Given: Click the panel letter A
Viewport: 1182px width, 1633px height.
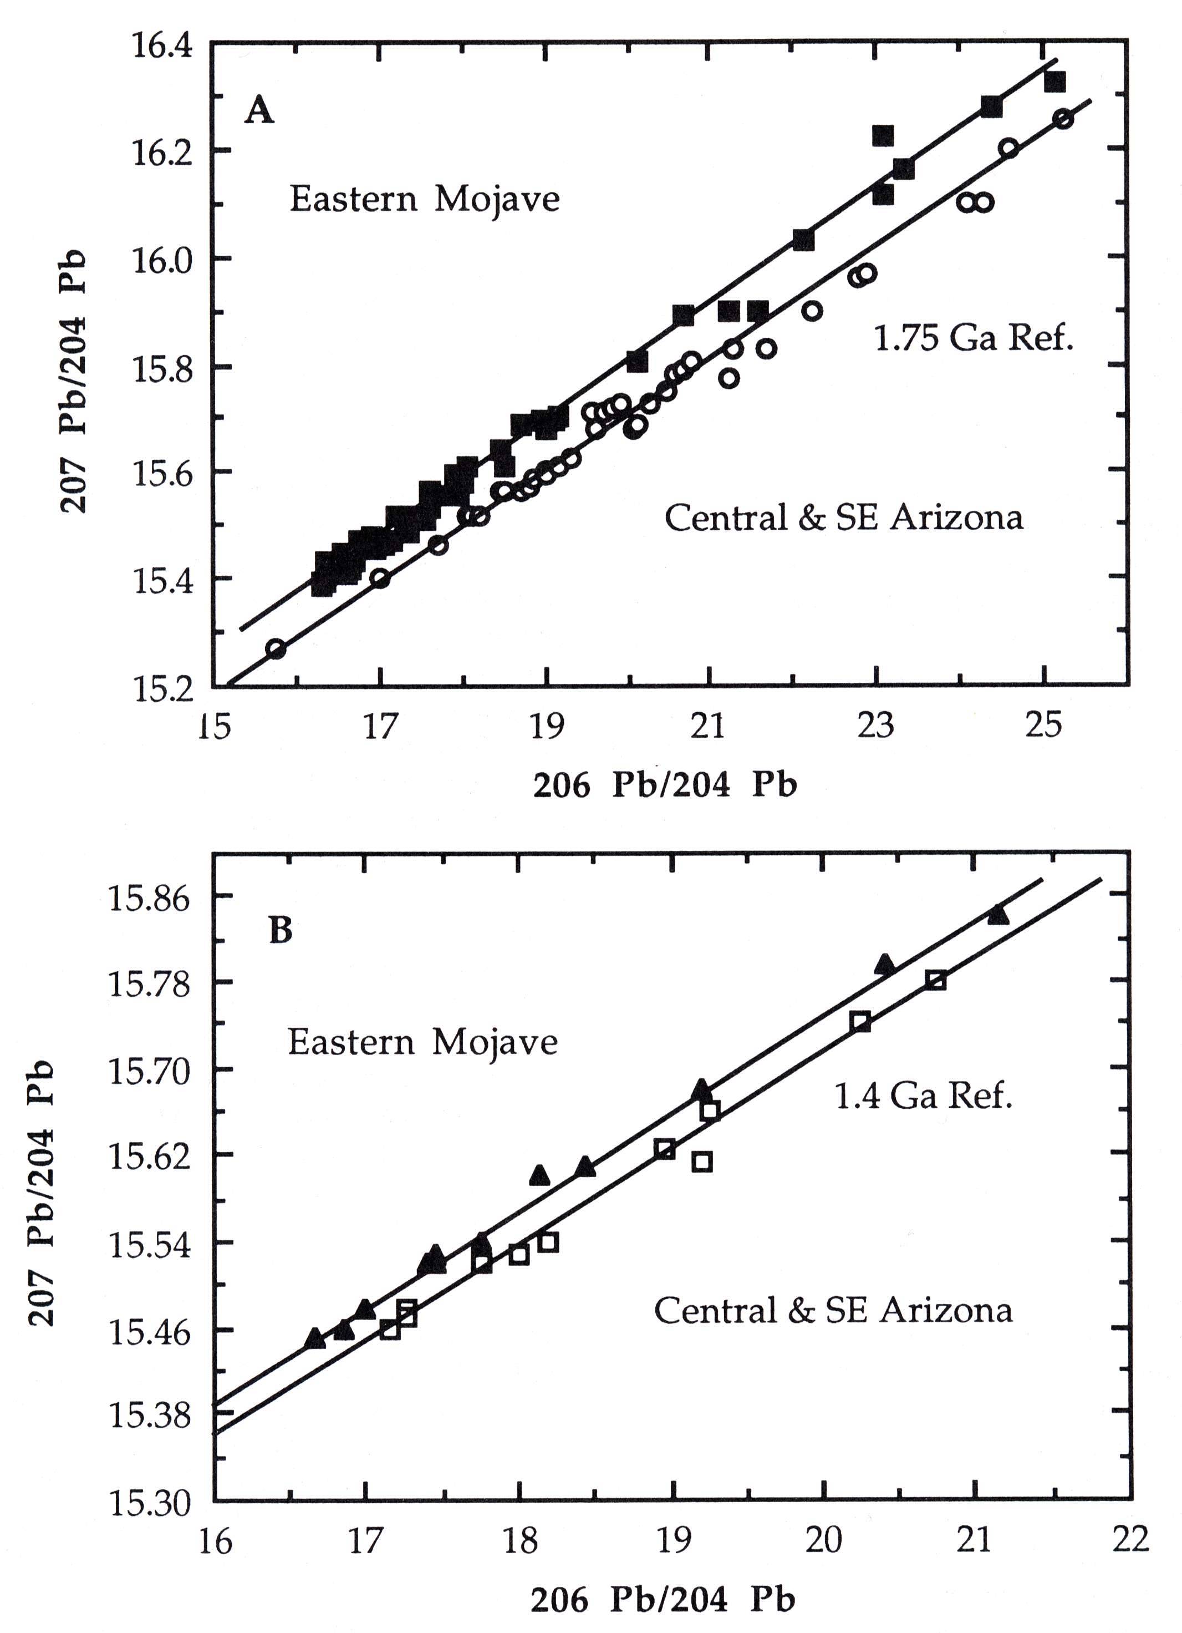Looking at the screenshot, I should (259, 111).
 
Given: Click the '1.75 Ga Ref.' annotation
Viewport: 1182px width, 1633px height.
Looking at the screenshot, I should (973, 337).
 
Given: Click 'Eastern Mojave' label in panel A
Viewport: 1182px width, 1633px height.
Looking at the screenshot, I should (424, 199).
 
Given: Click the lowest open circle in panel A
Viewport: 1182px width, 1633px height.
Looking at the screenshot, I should (276, 649).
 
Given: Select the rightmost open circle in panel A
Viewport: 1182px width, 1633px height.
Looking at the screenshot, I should (1062, 119).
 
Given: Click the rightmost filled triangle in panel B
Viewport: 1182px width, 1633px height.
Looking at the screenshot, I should (998, 915).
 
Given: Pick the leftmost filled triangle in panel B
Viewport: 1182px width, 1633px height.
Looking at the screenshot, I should (314, 1338).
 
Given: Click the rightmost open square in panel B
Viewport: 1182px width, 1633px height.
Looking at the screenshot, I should (936, 980).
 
